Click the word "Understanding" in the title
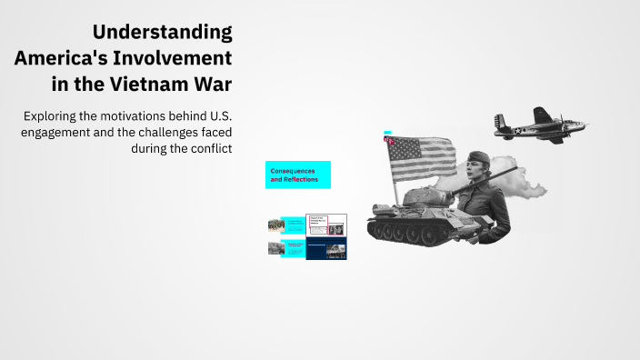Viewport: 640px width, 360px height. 162,33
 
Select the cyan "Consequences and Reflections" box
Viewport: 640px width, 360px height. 297,175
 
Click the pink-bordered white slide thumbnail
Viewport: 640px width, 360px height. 325,225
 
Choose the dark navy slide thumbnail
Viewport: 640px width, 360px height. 325,248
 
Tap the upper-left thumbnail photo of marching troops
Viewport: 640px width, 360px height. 275,225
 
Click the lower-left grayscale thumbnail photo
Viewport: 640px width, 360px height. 275,248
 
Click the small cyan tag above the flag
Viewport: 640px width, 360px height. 387,132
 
